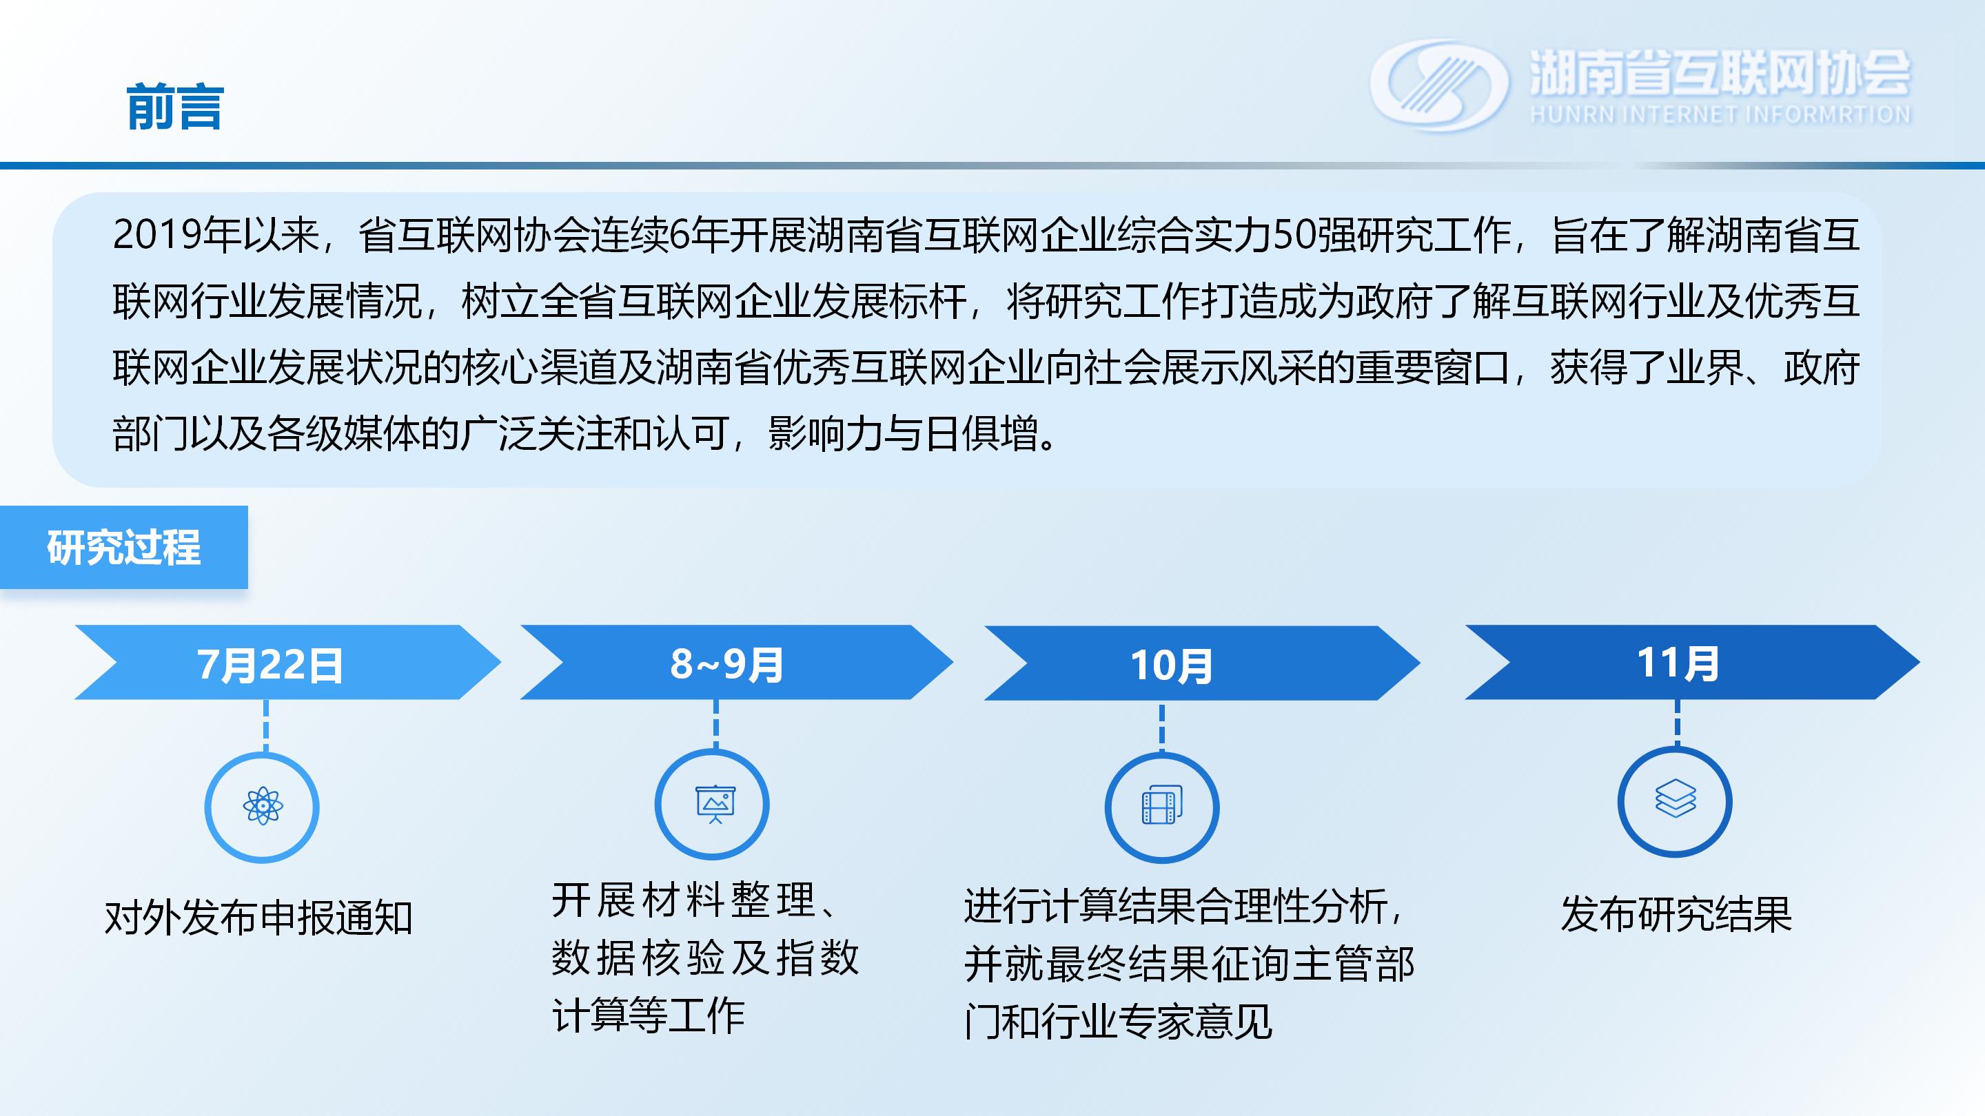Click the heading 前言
tap(175, 106)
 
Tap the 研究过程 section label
tap(123, 548)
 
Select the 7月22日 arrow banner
tap(287, 662)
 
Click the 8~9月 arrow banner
tap(736, 662)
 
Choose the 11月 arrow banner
tap(1692, 662)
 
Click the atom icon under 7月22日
tap(263, 807)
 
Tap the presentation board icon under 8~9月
tap(715, 804)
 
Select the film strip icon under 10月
tap(1162, 805)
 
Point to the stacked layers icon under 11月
tap(1676, 798)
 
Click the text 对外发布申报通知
tap(259, 918)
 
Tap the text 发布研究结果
tap(1677, 914)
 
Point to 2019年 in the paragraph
tap(176, 234)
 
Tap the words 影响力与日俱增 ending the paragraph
tap(903, 433)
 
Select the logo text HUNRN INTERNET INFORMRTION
tap(1720, 115)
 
